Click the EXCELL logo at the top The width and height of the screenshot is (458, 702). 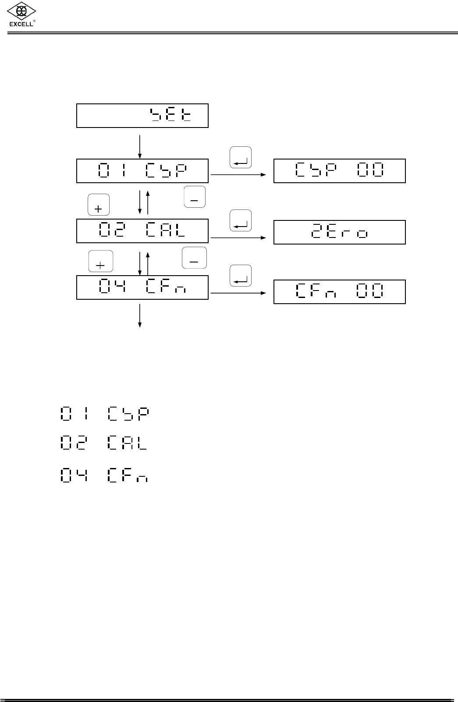tap(21, 15)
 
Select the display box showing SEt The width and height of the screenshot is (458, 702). tap(142, 116)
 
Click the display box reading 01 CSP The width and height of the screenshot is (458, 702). tap(142, 171)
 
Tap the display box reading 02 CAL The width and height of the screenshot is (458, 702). tap(142, 231)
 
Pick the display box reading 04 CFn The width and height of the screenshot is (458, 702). tap(142, 287)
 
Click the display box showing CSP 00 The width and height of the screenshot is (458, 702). tap(339, 171)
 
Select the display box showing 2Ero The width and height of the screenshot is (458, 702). tap(339, 232)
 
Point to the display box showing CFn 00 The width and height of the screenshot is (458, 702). tap(339, 292)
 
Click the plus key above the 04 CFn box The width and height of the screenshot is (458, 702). tap(100, 262)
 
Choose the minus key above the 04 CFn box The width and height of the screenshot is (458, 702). tap(194, 258)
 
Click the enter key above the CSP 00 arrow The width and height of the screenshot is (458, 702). tap(241, 157)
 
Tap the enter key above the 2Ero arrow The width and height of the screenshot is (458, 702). tap(241, 220)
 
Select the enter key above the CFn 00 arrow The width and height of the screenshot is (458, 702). tap(241, 276)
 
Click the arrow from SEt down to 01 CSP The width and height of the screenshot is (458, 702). tap(140, 146)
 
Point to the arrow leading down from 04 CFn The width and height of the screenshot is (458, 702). tap(140, 315)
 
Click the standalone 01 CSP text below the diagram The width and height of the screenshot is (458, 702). tap(104, 414)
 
